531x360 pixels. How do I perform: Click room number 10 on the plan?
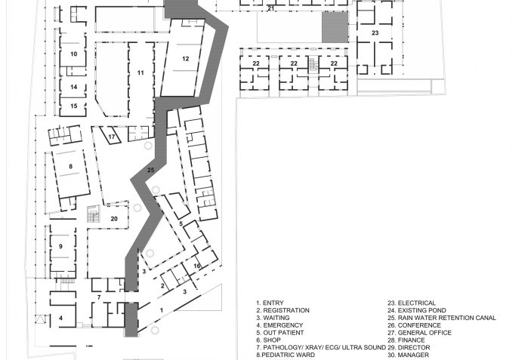(74, 54)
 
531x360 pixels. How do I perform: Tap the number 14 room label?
(74, 87)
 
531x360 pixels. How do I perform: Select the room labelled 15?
(74, 106)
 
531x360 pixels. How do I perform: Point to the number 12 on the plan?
(186, 59)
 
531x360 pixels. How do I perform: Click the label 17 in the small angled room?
(112, 137)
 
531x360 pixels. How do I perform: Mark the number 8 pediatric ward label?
(70, 166)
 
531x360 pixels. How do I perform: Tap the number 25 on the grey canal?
(151, 170)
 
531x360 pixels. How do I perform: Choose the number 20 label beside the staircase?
(114, 219)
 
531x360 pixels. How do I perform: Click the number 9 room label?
(60, 246)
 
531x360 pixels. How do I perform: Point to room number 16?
(197, 266)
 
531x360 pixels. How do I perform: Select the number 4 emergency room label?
(60, 318)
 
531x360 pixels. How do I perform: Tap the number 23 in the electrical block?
(375, 32)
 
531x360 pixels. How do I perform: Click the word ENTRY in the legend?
(273, 303)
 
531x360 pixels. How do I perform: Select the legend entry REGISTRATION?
(286, 310)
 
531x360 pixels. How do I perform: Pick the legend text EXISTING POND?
(422, 310)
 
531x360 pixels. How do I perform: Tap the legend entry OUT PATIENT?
(283, 333)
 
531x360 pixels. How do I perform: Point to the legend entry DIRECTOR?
(414, 347)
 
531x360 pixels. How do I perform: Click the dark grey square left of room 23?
(335, 27)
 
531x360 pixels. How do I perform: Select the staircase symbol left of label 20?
(94, 214)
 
